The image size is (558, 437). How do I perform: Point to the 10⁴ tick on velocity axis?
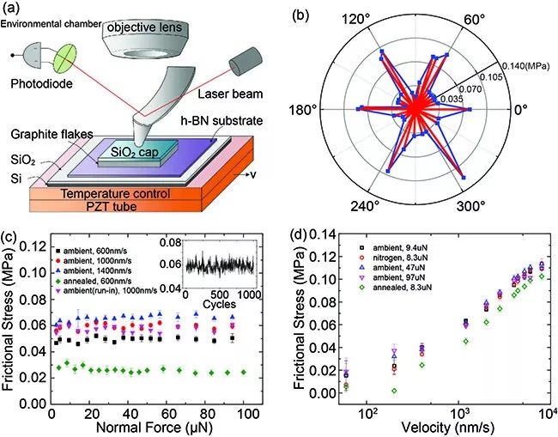click(x=546, y=410)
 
